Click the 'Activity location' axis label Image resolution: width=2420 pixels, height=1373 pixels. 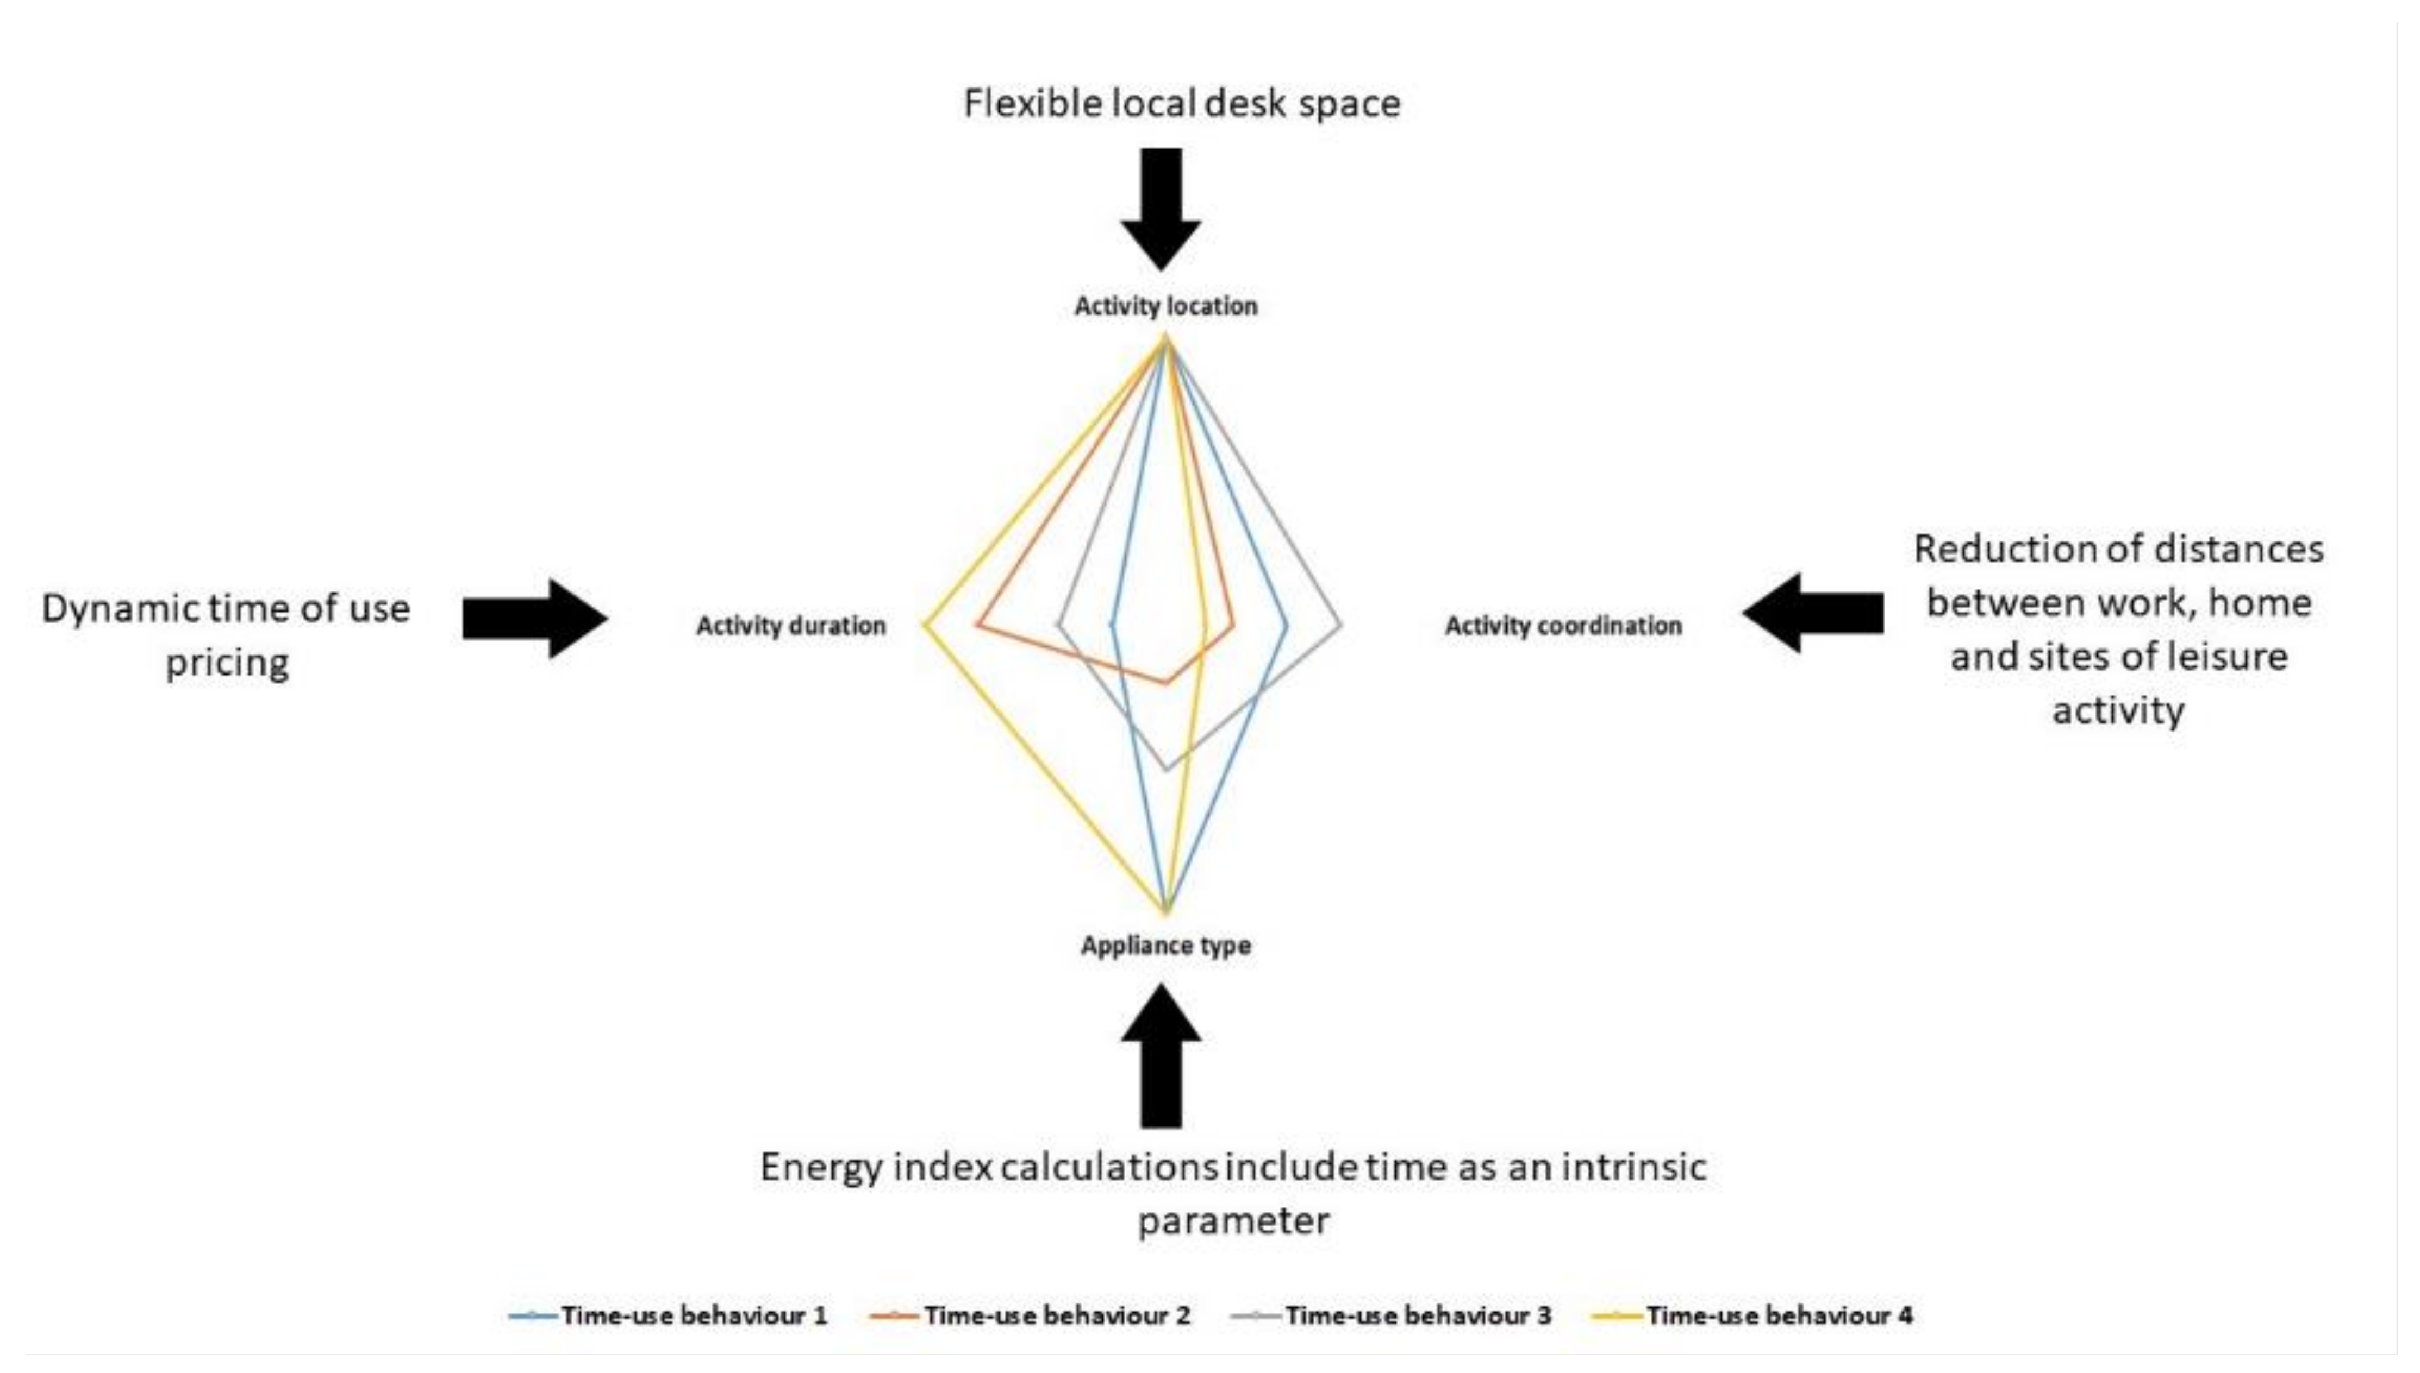[x=1165, y=306]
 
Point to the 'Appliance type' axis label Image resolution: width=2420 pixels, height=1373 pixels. [x=1165, y=946]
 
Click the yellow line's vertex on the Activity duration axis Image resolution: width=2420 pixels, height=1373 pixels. [x=926, y=624]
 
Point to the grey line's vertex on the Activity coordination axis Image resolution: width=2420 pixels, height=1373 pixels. [x=1340, y=624]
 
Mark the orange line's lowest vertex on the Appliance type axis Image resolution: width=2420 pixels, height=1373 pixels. [x=1166, y=682]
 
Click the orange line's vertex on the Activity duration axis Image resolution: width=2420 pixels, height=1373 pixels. [x=980, y=624]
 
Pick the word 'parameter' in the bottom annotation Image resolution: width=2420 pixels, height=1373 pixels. [x=1233, y=1221]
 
